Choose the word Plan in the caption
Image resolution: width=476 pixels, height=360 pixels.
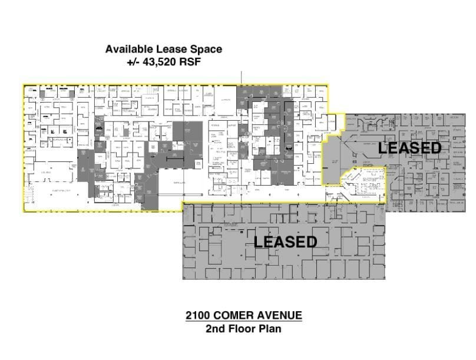[x=269, y=329]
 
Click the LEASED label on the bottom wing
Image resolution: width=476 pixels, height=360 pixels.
[x=285, y=242]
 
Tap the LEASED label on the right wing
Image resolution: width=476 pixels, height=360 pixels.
[x=409, y=148]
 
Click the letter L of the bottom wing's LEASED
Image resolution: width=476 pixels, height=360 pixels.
[x=258, y=242]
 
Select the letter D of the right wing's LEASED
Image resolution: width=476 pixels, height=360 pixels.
[x=435, y=148]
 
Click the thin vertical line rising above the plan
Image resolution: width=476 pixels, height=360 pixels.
[x=242, y=78]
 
